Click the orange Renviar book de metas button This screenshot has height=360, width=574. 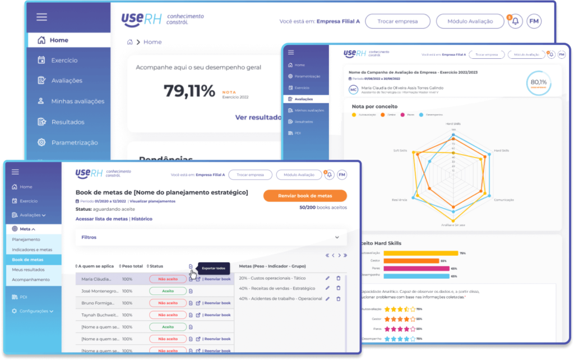click(x=305, y=196)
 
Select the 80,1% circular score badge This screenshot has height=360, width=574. click(x=538, y=82)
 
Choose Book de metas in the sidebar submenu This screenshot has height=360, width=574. click(x=27, y=260)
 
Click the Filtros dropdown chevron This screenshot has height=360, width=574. click(x=337, y=237)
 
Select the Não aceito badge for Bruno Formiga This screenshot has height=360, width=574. click(x=168, y=303)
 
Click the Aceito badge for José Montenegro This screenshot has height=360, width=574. click(x=168, y=291)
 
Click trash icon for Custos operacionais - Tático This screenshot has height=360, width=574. click(x=338, y=278)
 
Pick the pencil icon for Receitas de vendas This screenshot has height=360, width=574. click(x=327, y=288)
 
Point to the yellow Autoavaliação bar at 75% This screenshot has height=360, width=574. click(x=420, y=253)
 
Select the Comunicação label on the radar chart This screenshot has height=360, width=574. click(x=503, y=200)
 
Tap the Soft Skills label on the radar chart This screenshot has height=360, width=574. click(x=400, y=151)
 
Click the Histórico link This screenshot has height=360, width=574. click(x=142, y=219)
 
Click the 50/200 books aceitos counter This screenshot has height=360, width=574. click(x=323, y=207)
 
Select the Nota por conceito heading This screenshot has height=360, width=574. click(x=374, y=106)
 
